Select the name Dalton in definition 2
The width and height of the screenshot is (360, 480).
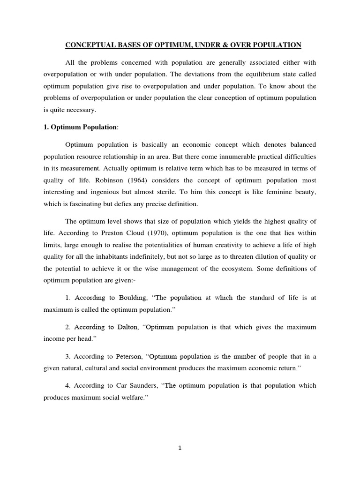[126, 327]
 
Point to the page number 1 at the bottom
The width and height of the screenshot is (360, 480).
[180, 448]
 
